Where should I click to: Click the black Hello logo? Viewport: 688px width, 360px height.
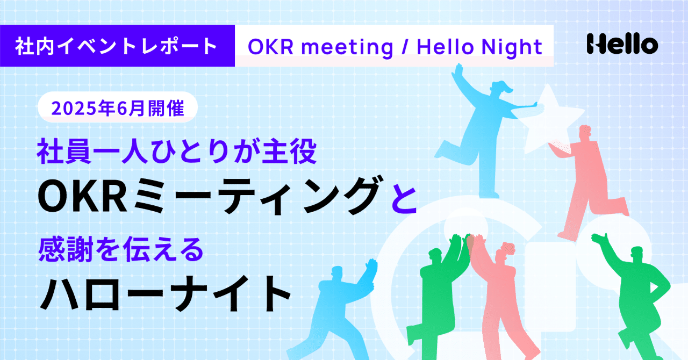click(622, 44)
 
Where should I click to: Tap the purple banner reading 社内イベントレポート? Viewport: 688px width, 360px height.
click(117, 46)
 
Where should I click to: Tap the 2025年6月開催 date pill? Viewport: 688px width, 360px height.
click(118, 107)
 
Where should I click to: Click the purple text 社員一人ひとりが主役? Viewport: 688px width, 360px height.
click(177, 151)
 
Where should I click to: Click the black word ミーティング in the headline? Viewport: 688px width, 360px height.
click(256, 196)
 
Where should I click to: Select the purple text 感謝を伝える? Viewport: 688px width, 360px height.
click(121, 249)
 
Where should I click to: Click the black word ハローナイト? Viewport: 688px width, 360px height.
click(165, 293)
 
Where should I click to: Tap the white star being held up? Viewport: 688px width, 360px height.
click(550, 120)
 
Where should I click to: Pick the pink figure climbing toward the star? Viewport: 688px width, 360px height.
click(588, 181)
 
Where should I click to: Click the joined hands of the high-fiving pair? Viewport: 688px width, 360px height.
click(469, 243)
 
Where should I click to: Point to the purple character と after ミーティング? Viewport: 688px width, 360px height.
click(404, 197)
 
